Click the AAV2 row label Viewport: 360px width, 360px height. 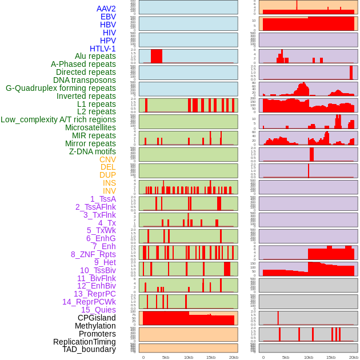(106, 9)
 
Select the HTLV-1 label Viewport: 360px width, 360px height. (102, 49)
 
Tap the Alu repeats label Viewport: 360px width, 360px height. (95, 57)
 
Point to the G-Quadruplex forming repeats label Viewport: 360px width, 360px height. (61, 88)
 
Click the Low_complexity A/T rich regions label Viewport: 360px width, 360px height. (58, 119)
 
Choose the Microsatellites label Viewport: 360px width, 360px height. (90, 127)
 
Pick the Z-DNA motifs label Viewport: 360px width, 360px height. (93, 151)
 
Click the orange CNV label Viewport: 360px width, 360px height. (107, 159)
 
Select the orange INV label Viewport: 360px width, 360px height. (109, 191)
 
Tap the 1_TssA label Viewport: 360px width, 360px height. (103, 199)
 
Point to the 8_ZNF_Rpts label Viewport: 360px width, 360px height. (93, 254)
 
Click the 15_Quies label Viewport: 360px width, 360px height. (98, 310)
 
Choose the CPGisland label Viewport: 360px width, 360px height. (97, 318)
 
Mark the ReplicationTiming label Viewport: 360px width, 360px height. (84, 342)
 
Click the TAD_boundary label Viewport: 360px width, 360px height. (89, 349)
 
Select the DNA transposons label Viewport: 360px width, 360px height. (85, 80)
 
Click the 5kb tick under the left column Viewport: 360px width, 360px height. (166, 357)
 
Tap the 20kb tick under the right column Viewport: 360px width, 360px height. (353, 357)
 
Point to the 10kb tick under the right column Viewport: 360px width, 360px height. (308, 357)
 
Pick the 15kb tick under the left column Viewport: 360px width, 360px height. (210, 357)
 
